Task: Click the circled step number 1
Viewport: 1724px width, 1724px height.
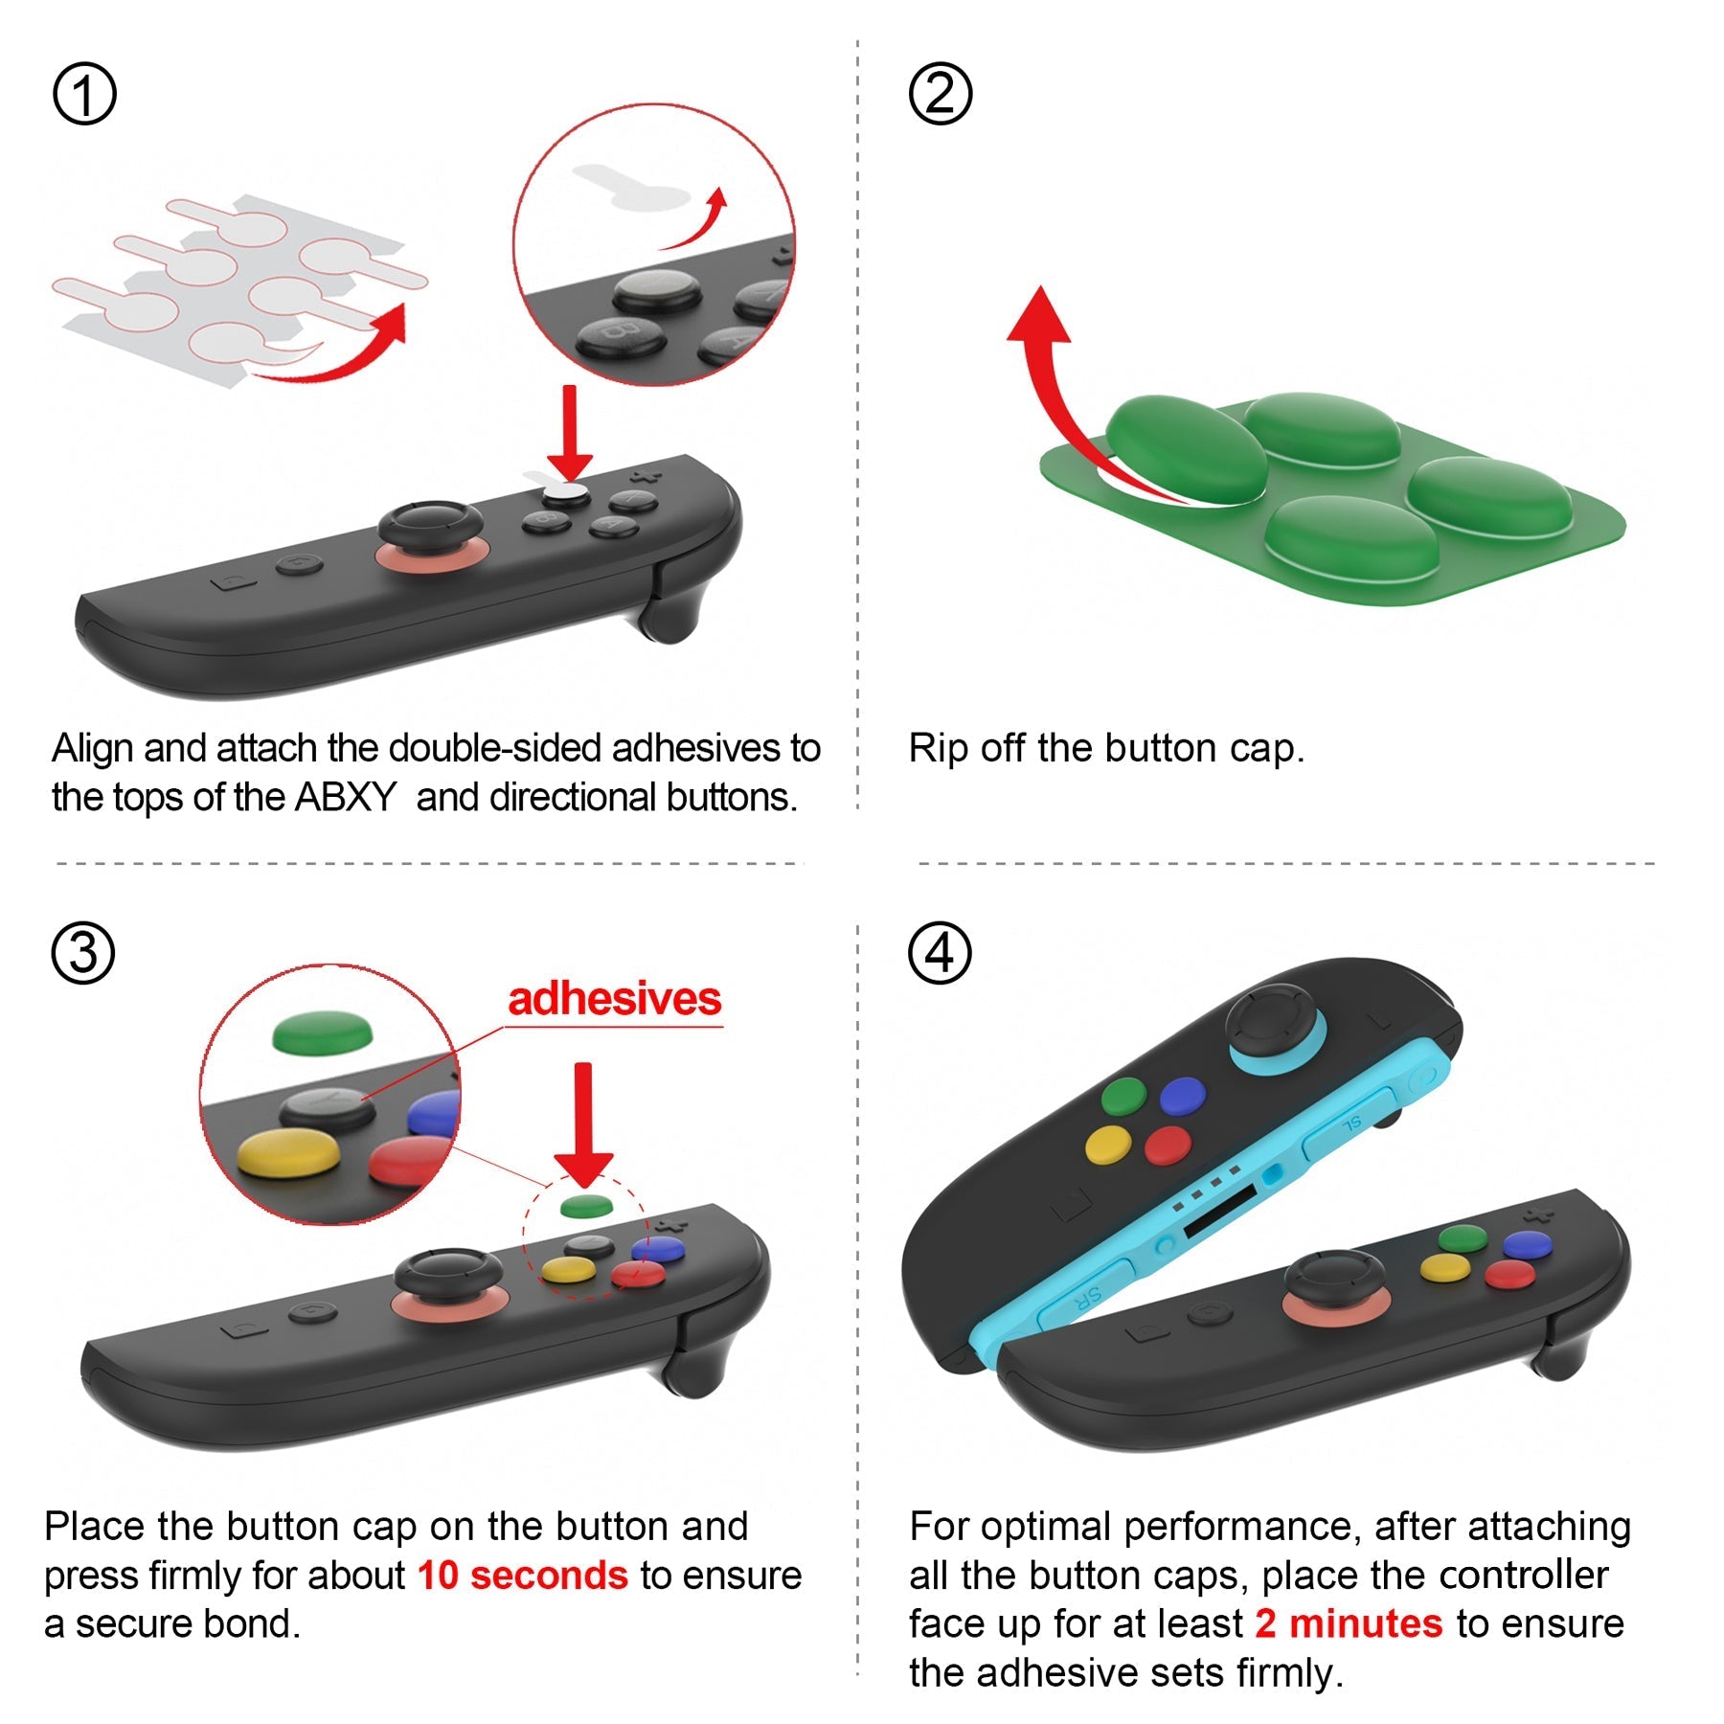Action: pos(84,94)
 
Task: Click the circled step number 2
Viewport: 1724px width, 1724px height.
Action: pos(940,94)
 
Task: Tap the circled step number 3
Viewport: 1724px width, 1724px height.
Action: pos(83,953)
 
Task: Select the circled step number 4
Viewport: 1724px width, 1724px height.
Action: pos(940,953)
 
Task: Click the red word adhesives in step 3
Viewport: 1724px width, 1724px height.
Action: pos(614,999)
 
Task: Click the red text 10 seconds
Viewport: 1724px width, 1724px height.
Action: pos(523,1576)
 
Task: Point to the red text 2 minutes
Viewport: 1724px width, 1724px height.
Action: pos(1349,1623)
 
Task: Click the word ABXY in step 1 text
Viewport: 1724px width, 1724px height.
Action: pos(345,797)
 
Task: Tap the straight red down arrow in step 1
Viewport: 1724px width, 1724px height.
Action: pos(571,431)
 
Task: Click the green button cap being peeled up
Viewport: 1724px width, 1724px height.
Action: pos(1186,448)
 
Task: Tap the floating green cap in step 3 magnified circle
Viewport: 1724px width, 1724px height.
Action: pos(322,1034)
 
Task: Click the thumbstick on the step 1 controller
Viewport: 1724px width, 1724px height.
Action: pos(431,527)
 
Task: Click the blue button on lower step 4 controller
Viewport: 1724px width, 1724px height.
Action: pos(1527,1244)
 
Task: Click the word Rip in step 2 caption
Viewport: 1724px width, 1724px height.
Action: pos(937,748)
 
